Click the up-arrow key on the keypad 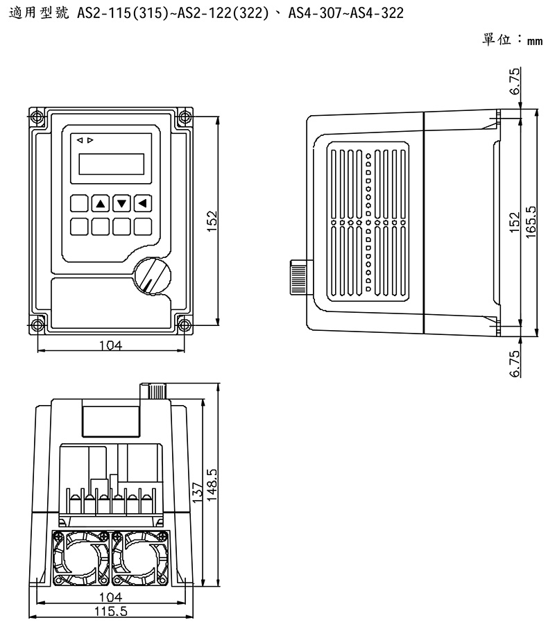[x=101, y=203]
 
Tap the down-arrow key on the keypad [x=122, y=203]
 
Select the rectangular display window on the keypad [x=111, y=164]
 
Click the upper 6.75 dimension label [x=515, y=82]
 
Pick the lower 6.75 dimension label [x=515, y=364]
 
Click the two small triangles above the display [x=85, y=140]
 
